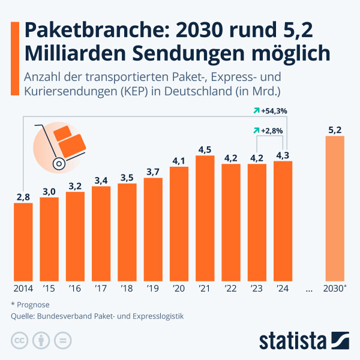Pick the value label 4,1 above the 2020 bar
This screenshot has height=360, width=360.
point(179,160)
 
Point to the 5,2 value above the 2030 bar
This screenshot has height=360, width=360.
point(335,129)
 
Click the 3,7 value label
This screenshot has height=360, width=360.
point(153,172)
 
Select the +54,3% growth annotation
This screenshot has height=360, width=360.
point(270,111)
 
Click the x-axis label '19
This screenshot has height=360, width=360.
point(153,288)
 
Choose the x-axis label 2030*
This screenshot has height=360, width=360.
point(335,288)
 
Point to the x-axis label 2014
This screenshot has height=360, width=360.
point(23,288)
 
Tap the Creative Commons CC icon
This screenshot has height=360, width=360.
point(19,340)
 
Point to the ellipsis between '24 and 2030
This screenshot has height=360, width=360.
point(309,289)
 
